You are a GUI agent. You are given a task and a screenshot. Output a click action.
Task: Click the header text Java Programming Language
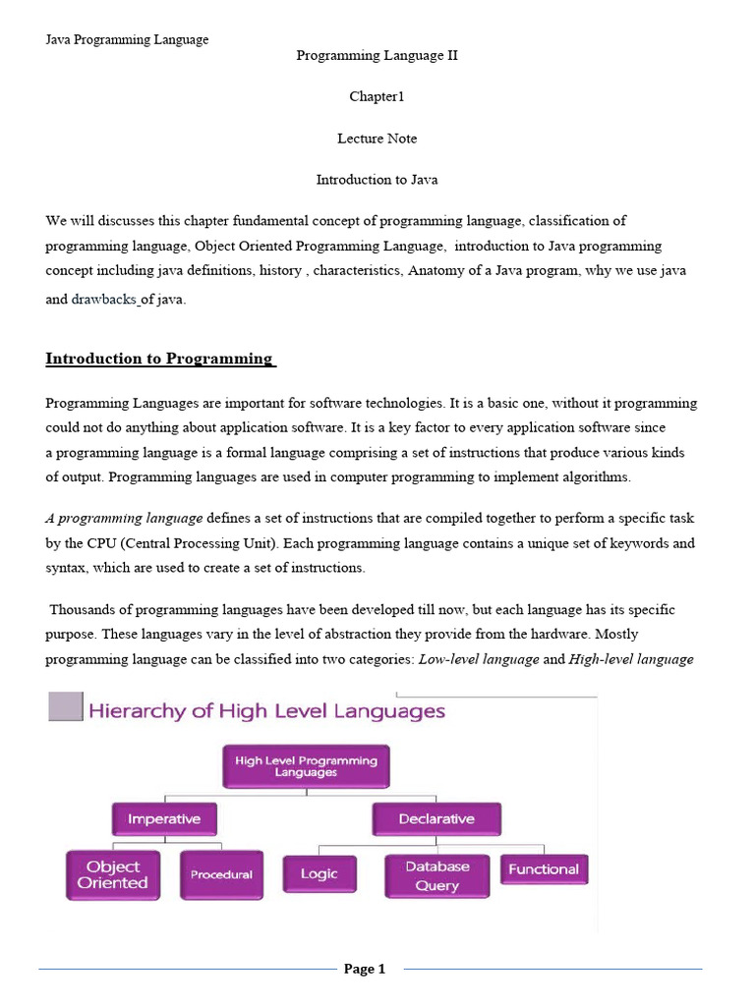[x=127, y=39]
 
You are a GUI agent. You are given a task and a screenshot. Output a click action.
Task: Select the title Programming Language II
[x=377, y=56]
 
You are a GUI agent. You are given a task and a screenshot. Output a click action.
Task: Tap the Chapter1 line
[x=377, y=97]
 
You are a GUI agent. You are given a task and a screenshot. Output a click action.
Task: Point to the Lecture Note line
[x=377, y=139]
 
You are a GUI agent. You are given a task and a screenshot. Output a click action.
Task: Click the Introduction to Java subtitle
[x=377, y=180]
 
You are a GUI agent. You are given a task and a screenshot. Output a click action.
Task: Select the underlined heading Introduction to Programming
[x=160, y=359]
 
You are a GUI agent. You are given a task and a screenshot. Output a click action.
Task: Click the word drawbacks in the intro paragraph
[x=103, y=300]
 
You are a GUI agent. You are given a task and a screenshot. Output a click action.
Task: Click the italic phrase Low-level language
[x=478, y=659]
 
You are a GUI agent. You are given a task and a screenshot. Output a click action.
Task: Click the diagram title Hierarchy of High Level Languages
[x=266, y=710]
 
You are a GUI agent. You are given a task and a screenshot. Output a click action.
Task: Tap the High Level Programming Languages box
[x=306, y=766]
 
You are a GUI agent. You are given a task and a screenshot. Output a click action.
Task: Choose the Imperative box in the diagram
[x=164, y=818]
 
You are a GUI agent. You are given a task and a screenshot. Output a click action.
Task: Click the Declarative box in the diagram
[x=436, y=818]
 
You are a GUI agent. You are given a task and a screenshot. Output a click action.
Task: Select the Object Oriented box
[x=113, y=874]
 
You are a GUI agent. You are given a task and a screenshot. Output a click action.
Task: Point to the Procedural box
[x=221, y=874]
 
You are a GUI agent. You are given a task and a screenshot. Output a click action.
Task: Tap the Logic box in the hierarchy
[x=319, y=873]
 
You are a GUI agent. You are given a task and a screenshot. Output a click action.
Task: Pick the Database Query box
[x=436, y=875]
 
